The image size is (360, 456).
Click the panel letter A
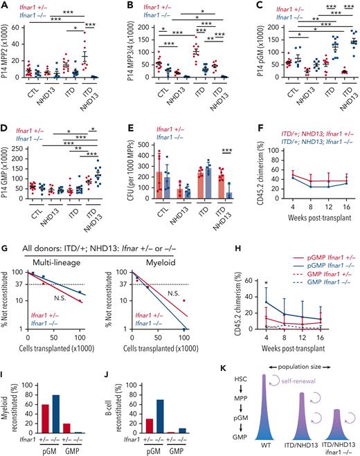tap(5, 6)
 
